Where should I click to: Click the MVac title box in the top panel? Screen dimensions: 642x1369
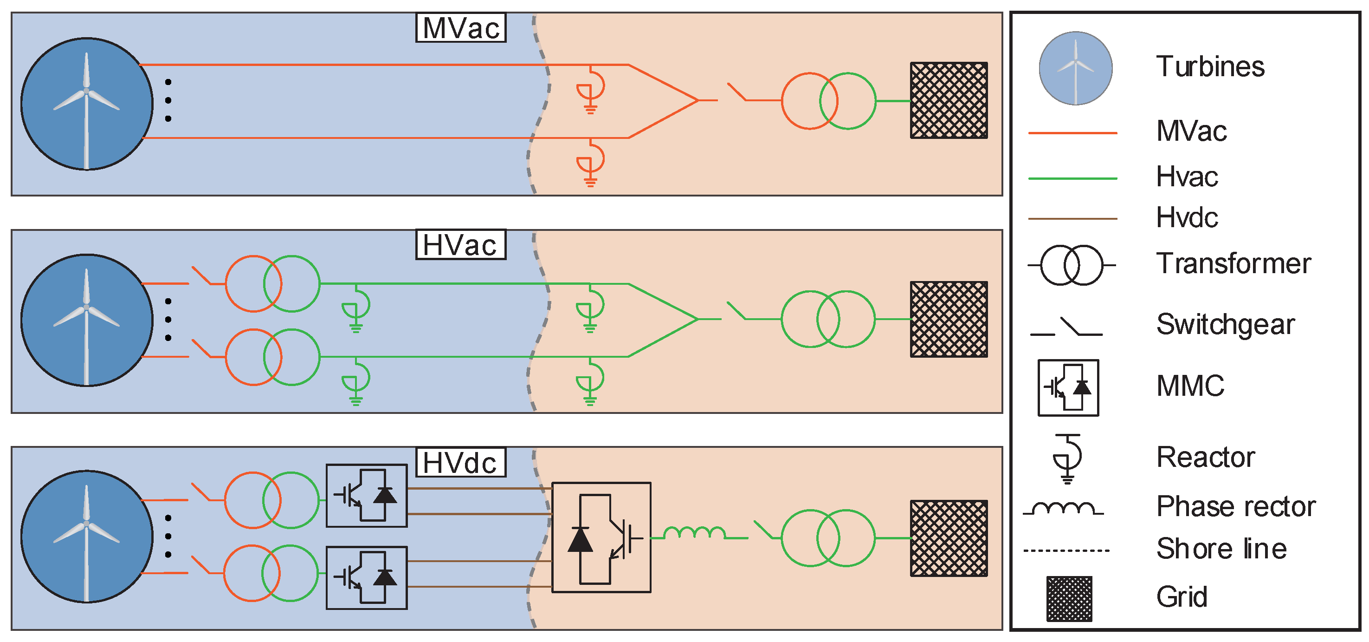pyautogui.click(x=460, y=28)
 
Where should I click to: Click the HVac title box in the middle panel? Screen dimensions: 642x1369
pyautogui.click(x=460, y=245)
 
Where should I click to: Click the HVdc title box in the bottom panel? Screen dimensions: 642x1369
pyautogui.click(x=460, y=463)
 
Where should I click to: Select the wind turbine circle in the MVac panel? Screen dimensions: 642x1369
pyautogui.click(x=87, y=104)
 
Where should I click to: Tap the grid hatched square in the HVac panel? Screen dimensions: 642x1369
pyautogui.click(x=949, y=319)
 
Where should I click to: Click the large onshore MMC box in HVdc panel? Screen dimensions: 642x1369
pyautogui.click(x=601, y=537)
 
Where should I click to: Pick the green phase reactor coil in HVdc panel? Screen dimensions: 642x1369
pyautogui.click(x=695, y=533)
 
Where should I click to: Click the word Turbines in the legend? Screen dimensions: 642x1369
pyautogui.click(x=1210, y=67)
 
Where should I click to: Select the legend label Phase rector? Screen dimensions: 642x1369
pyautogui.click(x=1236, y=506)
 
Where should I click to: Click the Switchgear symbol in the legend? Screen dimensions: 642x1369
pyautogui.click(x=1066, y=327)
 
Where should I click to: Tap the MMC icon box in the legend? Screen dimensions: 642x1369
pyautogui.click(x=1068, y=388)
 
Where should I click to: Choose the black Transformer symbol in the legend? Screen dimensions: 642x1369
pyautogui.click(x=1071, y=265)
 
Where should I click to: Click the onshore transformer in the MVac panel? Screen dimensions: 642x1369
pyautogui.click(x=828, y=101)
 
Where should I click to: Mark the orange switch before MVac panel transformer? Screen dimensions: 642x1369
pyautogui.click(x=737, y=92)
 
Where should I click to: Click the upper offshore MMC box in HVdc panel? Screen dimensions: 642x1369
pyautogui.click(x=366, y=496)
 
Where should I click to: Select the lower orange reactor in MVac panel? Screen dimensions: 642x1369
pyautogui.click(x=590, y=162)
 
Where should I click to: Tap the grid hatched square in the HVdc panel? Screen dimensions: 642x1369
pyautogui.click(x=949, y=538)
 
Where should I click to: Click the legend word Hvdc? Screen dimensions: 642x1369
pyautogui.click(x=1187, y=218)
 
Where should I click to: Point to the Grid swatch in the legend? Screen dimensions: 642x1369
pyautogui.click(x=1069, y=598)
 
